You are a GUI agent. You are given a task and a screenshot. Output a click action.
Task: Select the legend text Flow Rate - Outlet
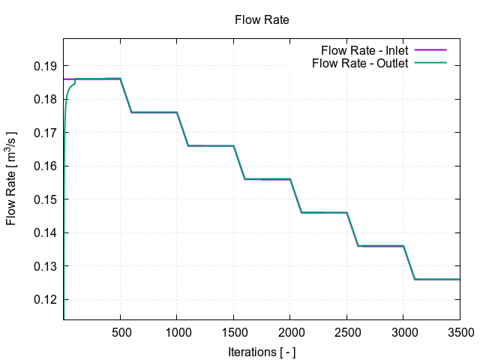360,63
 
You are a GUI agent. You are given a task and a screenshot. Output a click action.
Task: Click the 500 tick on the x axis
120,331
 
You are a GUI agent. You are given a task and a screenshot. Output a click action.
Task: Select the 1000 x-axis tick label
177,331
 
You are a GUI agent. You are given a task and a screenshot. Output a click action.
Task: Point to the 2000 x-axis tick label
290,331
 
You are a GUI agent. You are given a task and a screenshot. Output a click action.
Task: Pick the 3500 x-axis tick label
459,331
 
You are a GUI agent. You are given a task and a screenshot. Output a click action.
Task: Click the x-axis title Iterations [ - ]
262,351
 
